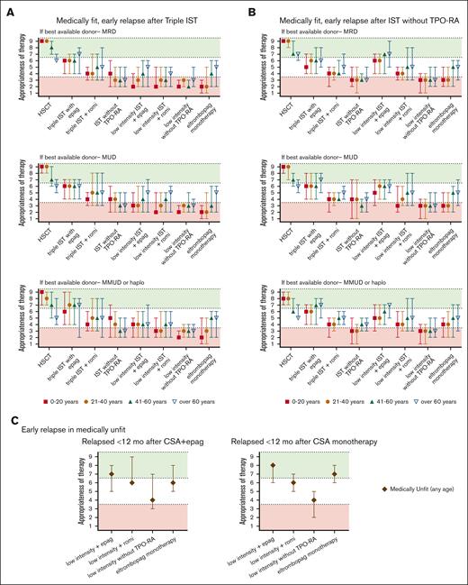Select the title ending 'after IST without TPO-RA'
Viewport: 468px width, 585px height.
point(356,8)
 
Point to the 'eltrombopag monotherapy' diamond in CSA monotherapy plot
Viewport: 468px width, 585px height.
point(334,474)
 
